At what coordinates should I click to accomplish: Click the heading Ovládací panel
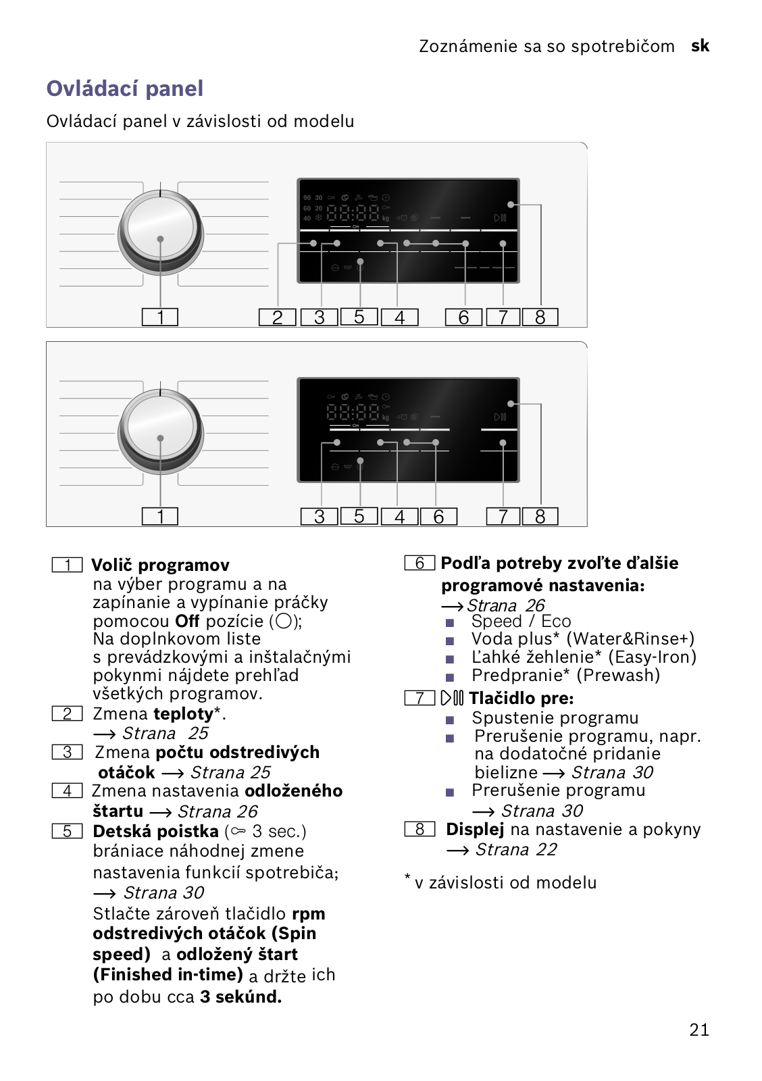click(125, 89)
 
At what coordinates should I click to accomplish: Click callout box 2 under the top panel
click(277, 317)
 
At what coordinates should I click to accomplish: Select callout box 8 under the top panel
click(540, 317)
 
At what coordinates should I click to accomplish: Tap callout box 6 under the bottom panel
click(438, 517)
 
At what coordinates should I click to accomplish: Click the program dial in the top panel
click(161, 230)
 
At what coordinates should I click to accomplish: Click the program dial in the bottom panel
click(161, 429)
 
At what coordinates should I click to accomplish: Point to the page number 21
click(699, 1030)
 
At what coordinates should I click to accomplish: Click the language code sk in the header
click(700, 46)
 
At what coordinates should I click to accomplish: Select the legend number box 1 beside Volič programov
click(68, 565)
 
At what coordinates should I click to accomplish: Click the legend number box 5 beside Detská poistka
click(68, 831)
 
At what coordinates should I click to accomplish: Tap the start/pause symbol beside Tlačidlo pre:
click(452, 698)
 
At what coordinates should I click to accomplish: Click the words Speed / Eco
click(521, 621)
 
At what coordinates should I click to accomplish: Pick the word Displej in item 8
click(475, 829)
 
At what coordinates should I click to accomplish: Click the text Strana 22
click(516, 849)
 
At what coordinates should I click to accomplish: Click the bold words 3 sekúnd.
click(240, 997)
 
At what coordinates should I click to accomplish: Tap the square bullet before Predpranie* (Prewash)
click(450, 676)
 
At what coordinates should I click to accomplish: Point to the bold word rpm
click(309, 913)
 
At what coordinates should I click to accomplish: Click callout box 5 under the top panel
click(359, 316)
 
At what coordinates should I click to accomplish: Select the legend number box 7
click(420, 698)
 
